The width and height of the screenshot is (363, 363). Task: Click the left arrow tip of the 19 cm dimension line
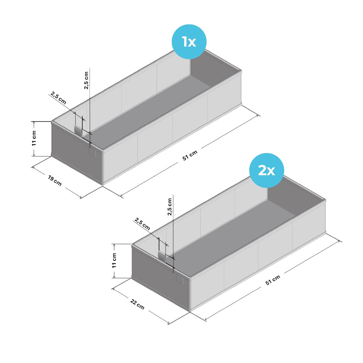click(32, 167)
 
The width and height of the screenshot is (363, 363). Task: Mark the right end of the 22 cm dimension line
click(169, 323)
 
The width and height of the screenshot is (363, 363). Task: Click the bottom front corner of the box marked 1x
click(102, 184)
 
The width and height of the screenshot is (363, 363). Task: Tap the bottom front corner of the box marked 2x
click(190, 311)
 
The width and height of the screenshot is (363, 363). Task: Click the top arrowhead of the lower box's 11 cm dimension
click(114, 244)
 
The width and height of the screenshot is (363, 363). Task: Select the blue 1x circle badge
click(189, 42)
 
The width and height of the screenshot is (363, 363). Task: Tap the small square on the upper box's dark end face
click(92, 152)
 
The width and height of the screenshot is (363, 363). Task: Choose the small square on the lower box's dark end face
click(180, 280)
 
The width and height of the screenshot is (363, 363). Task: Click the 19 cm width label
click(55, 181)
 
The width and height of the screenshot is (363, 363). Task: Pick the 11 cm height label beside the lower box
click(114, 260)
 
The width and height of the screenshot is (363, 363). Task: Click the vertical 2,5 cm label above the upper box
click(86, 80)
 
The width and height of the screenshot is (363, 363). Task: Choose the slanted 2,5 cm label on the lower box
click(142, 224)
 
